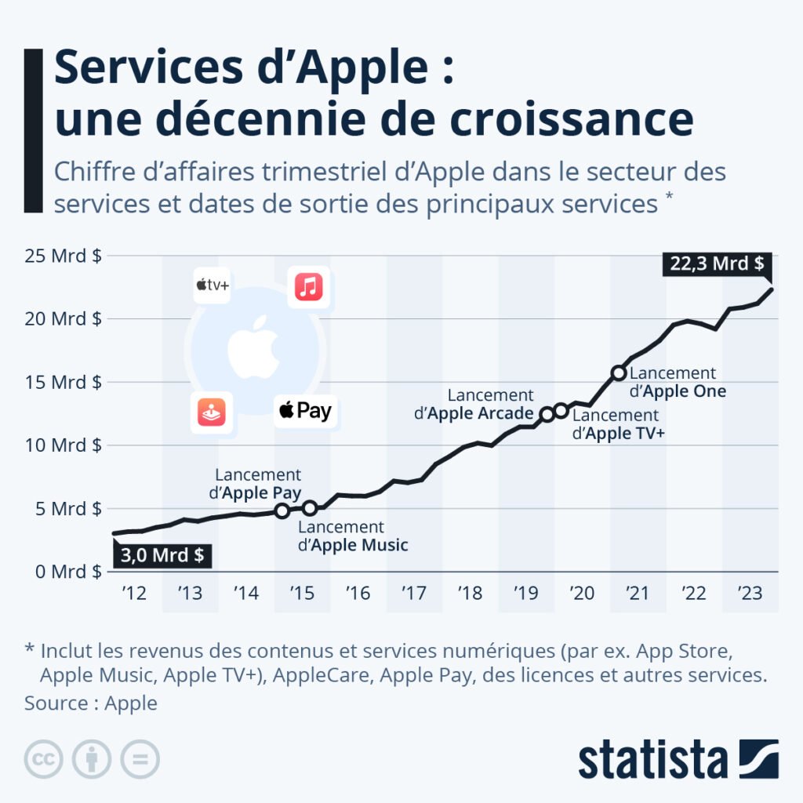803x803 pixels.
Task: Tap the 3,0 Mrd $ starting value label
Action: point(162,555)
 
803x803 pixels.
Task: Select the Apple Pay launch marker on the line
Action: point(282,511)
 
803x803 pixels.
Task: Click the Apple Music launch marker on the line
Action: point(310,507)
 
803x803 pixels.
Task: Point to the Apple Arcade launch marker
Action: point(547,414)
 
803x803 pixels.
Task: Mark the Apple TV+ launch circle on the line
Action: point(561,410)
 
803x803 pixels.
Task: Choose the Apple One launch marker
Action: point(619,372)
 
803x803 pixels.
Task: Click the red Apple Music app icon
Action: point(308,287)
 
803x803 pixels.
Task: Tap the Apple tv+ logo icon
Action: point(213,285)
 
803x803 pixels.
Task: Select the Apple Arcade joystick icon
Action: point(211,412)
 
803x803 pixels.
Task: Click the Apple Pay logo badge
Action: point(305,410)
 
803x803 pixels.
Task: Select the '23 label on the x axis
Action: point(750,594)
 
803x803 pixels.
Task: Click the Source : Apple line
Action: point(90,703)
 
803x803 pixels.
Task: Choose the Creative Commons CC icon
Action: point(43,759)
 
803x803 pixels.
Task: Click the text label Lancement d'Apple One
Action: point(677,382)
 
